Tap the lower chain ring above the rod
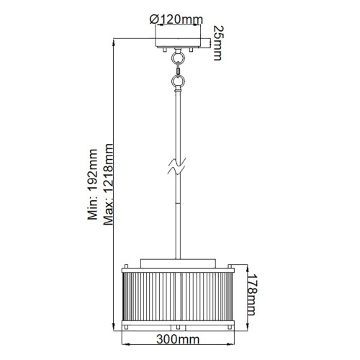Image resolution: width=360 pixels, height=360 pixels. point(178,81)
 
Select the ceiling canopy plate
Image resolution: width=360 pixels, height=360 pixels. point(178,42)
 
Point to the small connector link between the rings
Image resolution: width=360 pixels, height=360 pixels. point(178,71)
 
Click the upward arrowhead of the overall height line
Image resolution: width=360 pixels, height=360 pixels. point(115,40)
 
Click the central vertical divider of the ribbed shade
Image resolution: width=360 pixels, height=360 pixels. point(178,295)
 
